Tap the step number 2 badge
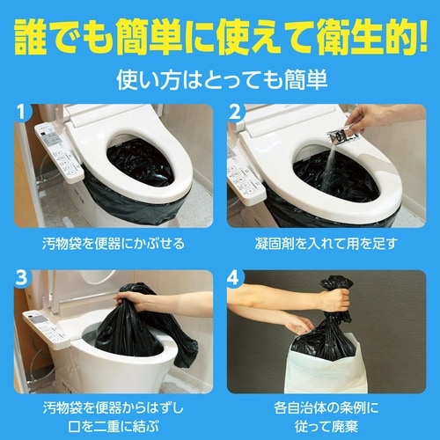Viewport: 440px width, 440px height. [x=235, y=114]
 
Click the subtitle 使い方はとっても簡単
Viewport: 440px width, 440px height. [x=220, y=79]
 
